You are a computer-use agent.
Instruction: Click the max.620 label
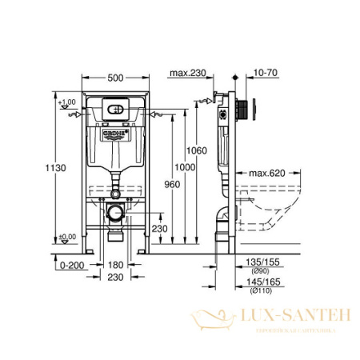coord(266,172)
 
